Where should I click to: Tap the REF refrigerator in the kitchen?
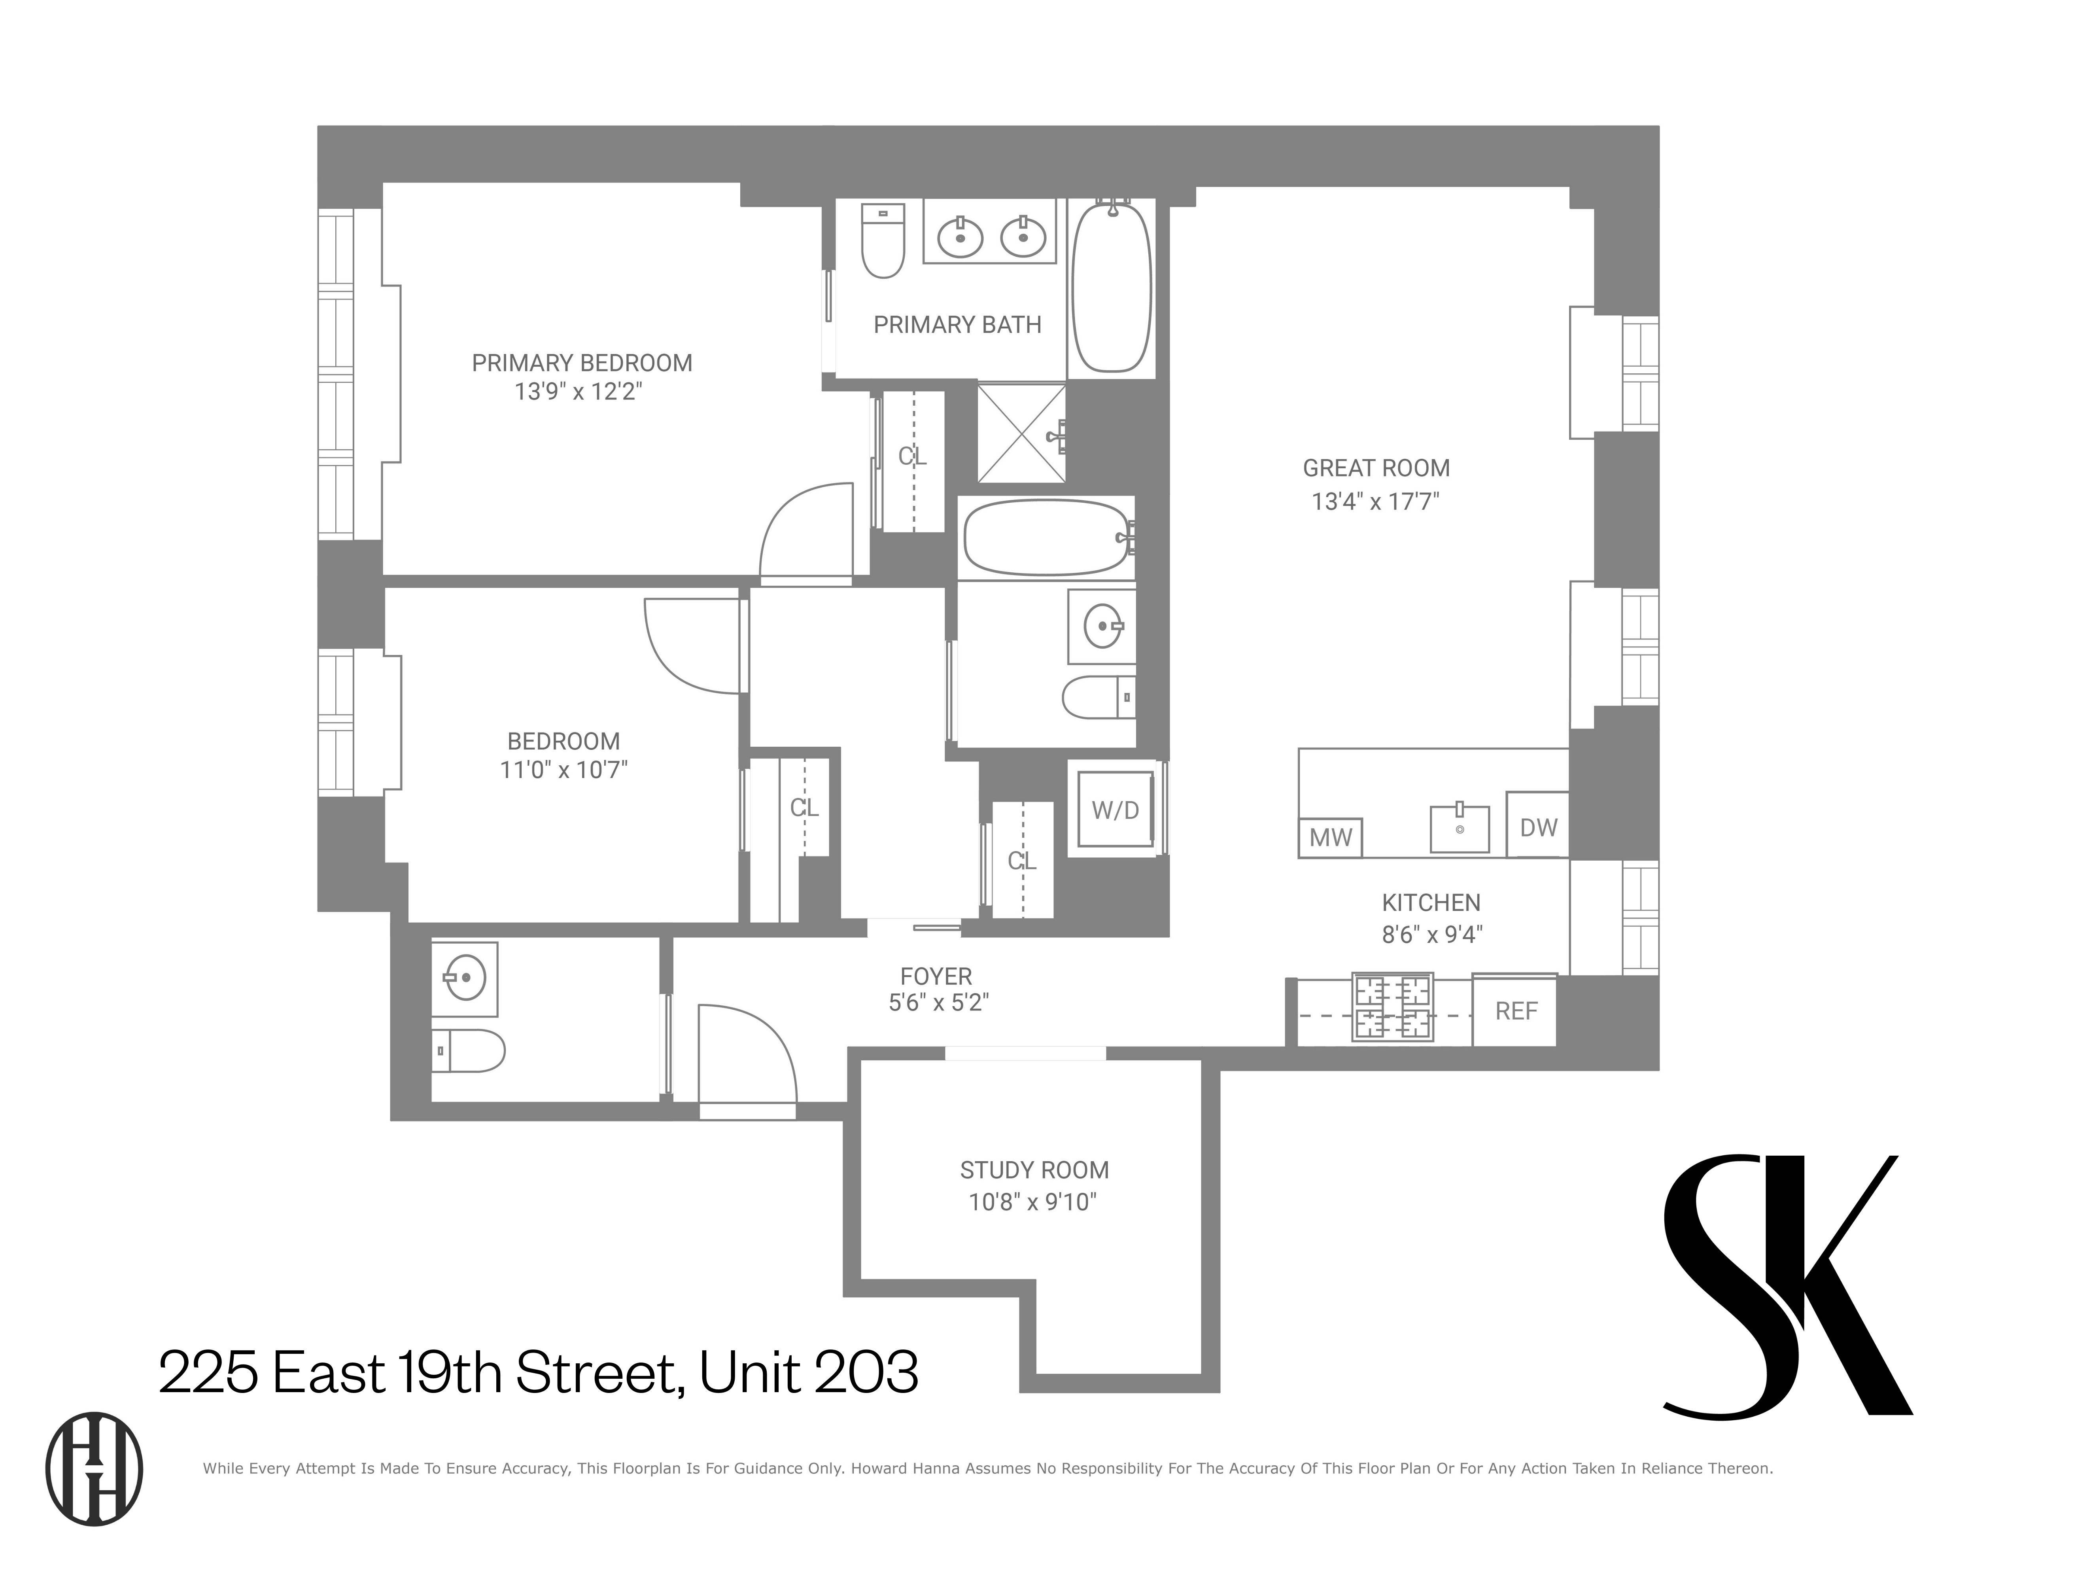(x=1515, y=1011)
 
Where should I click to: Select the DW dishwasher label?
(x=1537, y=827)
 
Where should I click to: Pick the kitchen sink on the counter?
(x=1459, y=829)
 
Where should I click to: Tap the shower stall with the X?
(x=1021, y=433)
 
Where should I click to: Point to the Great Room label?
(x=1376, y=468)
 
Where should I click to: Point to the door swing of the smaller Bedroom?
(x=692, y=645)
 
